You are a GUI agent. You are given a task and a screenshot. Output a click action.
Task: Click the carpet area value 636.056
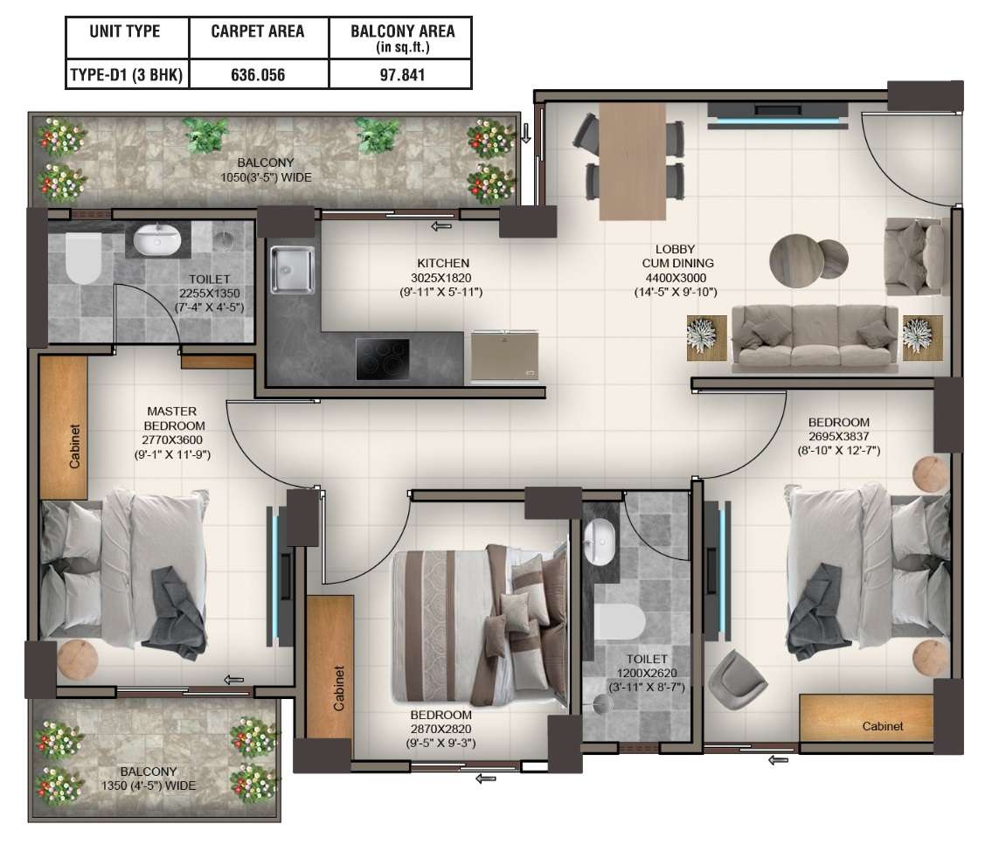pos(258,75)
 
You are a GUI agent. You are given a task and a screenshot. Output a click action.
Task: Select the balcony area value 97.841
pos(402,75)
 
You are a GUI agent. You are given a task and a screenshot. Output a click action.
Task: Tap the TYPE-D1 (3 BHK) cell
pos(127,75)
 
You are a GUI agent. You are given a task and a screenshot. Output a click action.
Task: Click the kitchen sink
pos(292,270)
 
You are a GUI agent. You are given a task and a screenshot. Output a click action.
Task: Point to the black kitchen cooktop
pos(382,358)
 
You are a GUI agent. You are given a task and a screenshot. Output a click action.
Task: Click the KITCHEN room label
pos(443,263)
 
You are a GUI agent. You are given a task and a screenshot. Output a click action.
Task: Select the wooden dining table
pos(633,161)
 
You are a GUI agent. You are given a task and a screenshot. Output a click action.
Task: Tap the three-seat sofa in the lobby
pos(815,338)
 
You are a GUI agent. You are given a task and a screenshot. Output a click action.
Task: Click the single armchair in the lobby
pos(913,257)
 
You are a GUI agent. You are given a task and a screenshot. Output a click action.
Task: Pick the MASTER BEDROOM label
pos(174,419)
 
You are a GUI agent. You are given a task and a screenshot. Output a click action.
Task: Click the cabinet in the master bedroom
pos(64,428)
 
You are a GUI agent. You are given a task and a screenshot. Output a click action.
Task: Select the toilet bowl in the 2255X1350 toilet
pos(83,257)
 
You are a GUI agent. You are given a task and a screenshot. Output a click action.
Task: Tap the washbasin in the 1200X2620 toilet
pos(600,542)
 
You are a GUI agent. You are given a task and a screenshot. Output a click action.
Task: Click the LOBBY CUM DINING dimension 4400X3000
pos(676,278)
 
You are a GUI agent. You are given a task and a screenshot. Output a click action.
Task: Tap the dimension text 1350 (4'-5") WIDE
pos(149,785)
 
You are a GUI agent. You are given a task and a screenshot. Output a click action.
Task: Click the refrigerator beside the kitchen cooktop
pos(505,356)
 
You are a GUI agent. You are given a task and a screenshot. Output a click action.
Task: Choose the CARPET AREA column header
pos(258,31)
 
